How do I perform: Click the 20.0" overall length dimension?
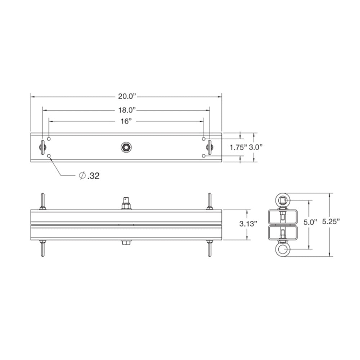click(x=126, y=96)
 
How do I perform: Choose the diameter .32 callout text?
click(x=89, y=176)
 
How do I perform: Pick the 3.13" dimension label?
click(x=248, y=224)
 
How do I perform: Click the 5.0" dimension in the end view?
click(x=310, y=222)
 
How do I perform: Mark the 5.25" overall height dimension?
click(x=331, y=222)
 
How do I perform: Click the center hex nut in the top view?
click(x=126, y=147)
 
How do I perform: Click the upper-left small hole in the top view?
click(x=49, y=139)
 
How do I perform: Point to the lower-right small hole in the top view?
click(x=204, y=156)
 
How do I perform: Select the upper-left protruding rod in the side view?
click(x=42, y=201)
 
